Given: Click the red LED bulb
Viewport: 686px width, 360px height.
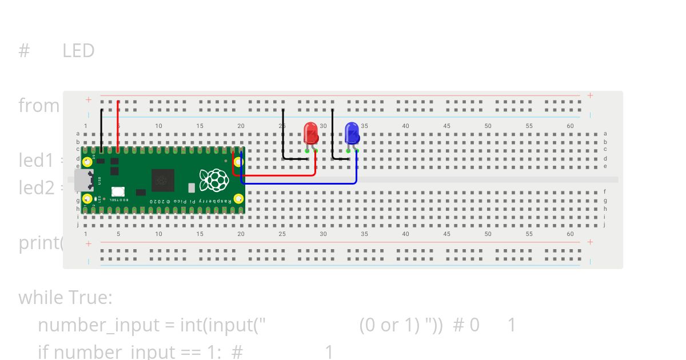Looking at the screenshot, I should coord(311,133).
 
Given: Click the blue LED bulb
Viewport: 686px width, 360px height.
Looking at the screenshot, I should coord(352,133).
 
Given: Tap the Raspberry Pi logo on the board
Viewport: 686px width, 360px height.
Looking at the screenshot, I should coord(214,179).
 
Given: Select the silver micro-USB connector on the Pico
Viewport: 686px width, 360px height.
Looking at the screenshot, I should coord(83,180).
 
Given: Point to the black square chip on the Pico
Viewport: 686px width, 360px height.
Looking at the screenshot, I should coord(163,180).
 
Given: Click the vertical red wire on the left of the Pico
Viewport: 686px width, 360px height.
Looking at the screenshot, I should coord(118,126).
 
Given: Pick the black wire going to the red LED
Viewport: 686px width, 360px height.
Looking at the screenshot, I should coord(284,137).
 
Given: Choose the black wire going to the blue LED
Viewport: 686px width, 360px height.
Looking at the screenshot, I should coord(333,137).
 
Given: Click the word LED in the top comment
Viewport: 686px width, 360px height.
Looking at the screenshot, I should coord(78,51).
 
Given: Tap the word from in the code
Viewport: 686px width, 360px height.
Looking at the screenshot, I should coord(39,106).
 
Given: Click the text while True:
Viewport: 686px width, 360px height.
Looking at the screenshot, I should coord(65,298).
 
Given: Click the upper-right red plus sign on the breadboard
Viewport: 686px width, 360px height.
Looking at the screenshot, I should coord(590,95).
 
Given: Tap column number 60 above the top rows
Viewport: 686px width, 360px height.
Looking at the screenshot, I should coord(570,126).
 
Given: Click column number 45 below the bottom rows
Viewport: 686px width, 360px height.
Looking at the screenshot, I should coord(446,234).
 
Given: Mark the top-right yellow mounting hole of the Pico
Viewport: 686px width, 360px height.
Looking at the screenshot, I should coord(238,162).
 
